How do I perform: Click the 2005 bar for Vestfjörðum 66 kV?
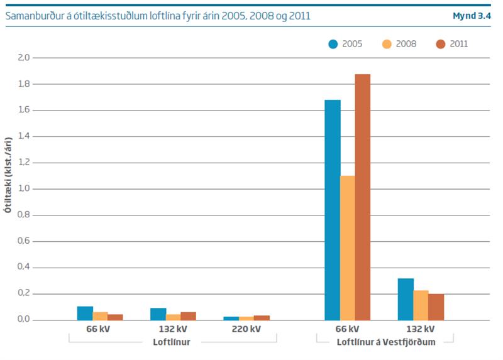[x=332, y=210]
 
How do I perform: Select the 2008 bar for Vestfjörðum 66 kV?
[x=348, y=248]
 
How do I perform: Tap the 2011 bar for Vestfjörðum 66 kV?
[x=363, y=197]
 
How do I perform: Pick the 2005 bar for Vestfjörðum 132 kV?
[x=406, y=299]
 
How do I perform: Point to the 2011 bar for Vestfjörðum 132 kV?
[x=436, y=307]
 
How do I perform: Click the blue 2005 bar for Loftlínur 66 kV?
[x=85, y=313]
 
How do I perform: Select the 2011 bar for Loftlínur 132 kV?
[x=188, y=316]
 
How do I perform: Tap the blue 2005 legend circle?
[x=333, y=44]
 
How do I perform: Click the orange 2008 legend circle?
[x=387, y=44]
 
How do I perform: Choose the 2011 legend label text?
[x=458, y=44]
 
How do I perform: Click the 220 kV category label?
[x=246, y=329]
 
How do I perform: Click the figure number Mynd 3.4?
[x=472, y=16]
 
